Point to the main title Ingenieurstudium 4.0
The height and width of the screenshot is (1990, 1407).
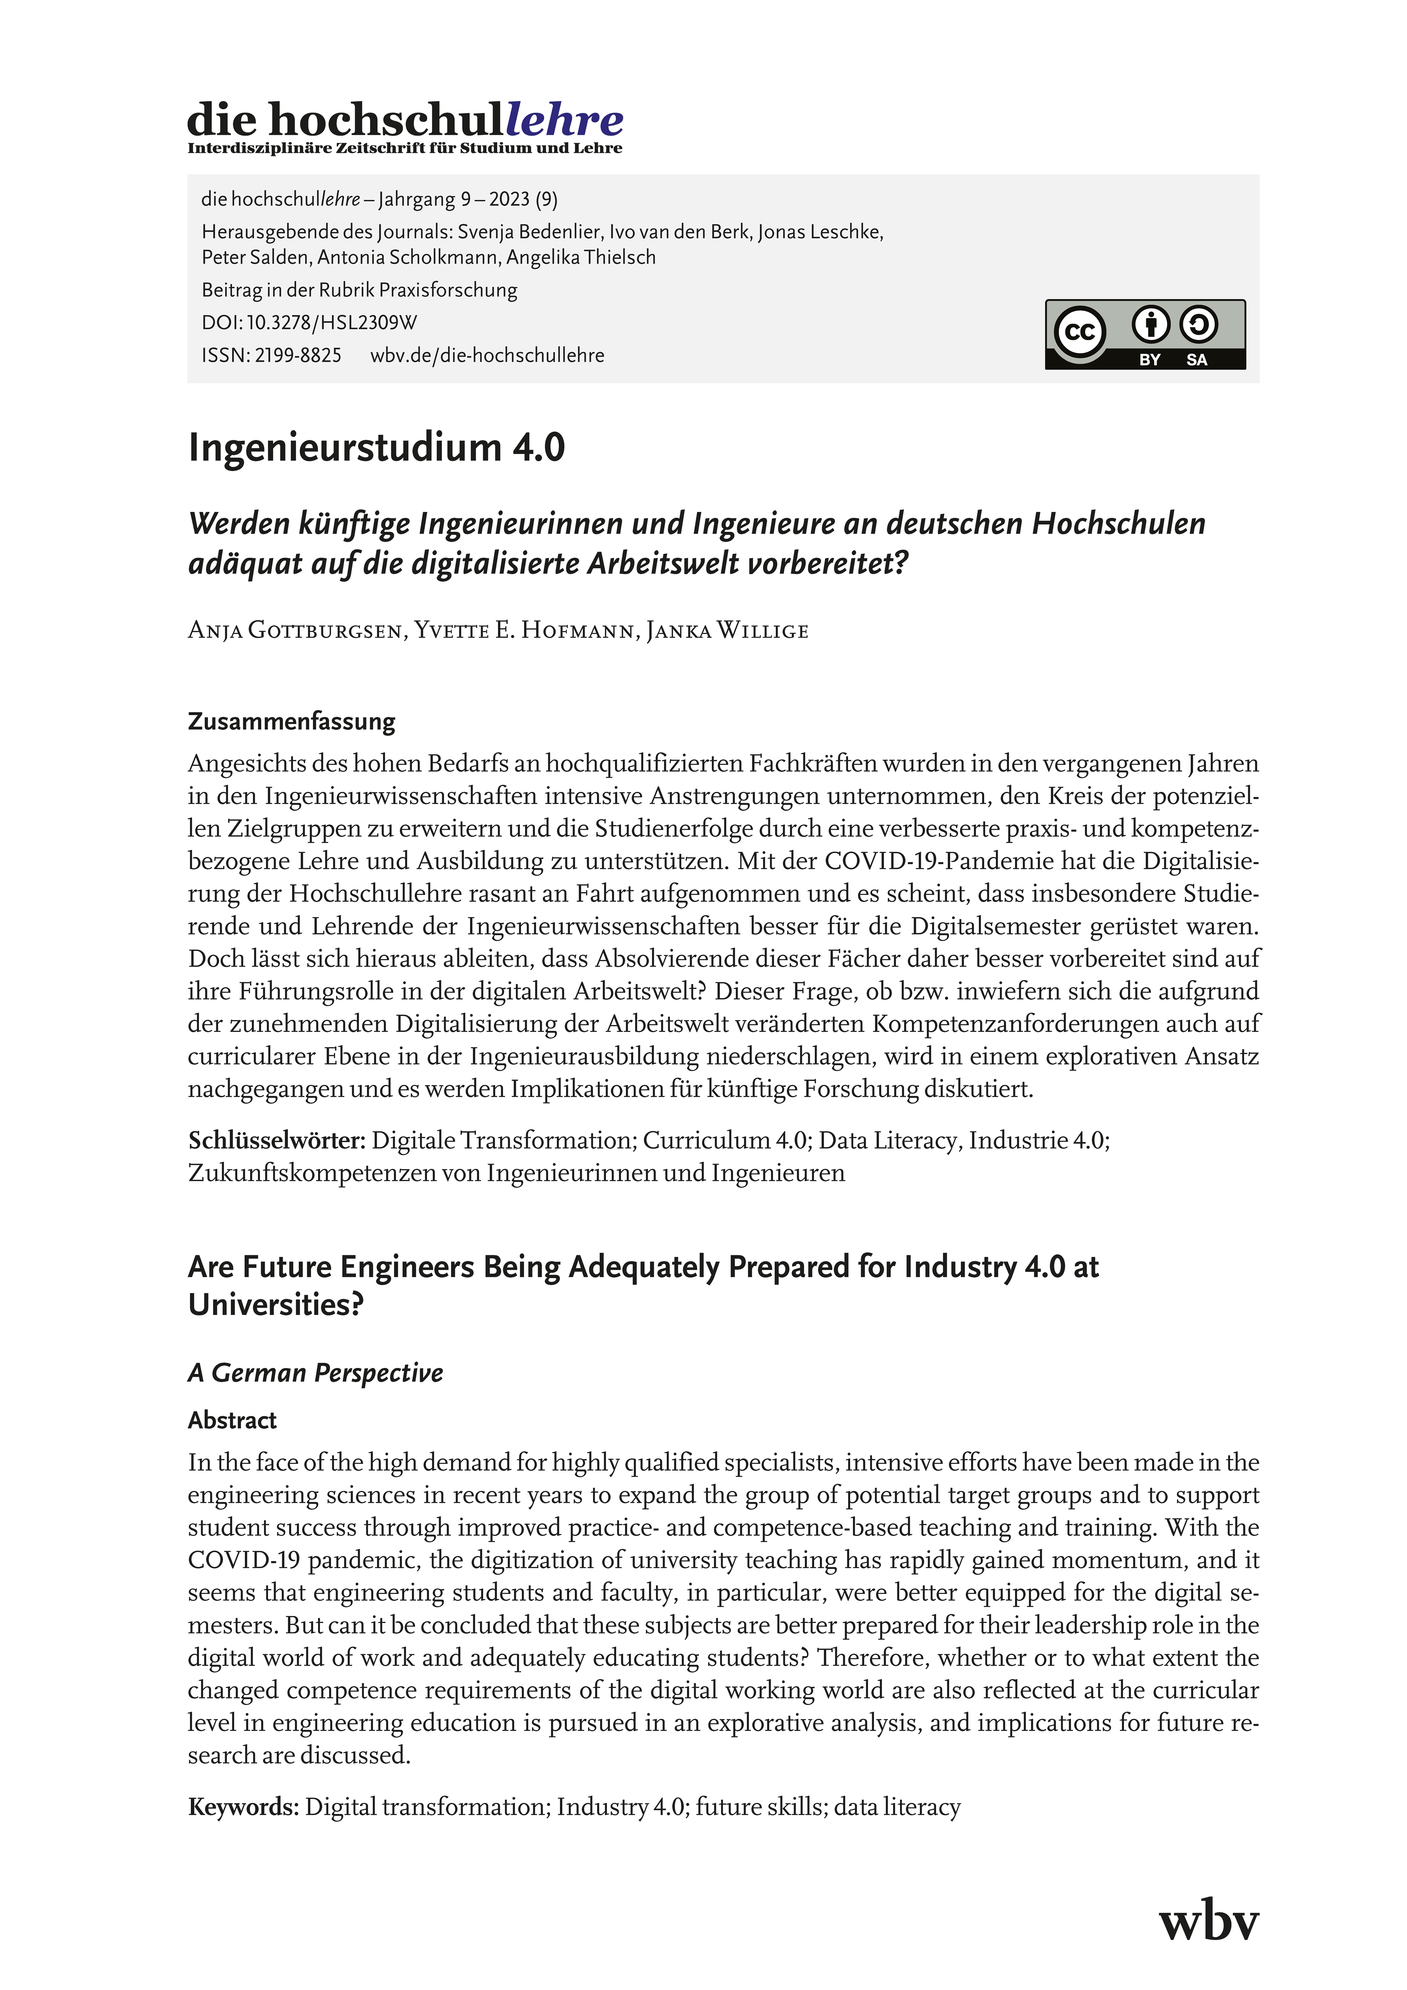(x=376, y=447)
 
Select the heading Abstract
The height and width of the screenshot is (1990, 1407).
(x=232, y=1420)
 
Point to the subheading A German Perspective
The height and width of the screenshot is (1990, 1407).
(x=316, y=1373)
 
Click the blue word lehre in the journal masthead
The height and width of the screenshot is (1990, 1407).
(x=564, y=120)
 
